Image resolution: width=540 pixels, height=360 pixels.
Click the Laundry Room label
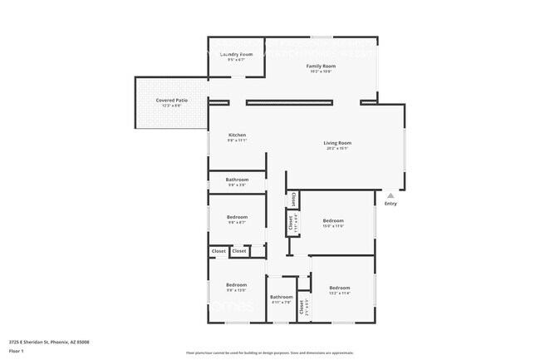pyautogui.click(x=236, y=54)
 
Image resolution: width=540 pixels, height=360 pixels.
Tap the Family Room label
pyautogui.click(x=321, y=66)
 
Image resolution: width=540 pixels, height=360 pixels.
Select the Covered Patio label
pyautogui.click(x=171, y=100)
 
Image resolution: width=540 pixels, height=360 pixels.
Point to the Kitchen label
pyautogui.click(x=237, y=135)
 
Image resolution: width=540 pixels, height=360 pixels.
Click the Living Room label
pyautogui.click(x=337, y=143)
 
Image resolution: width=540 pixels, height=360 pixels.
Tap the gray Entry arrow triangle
pyautogui.click(x=390, y=195)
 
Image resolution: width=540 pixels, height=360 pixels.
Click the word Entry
pyautogui.click(x=390, y=204)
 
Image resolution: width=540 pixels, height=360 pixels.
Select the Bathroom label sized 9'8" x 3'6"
pyautogui.click(x=237, y=180)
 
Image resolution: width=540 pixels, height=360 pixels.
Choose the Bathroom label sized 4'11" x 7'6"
pyautogui.click(x=281, y=297)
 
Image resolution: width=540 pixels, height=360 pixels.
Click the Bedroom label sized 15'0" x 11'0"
pyautogui.click(x=333, y=220)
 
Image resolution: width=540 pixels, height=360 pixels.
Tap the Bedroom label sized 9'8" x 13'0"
pyautogui.click(x=237, y=285)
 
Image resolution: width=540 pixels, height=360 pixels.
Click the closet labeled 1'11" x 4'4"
pyautogui.click(x=292, y=222)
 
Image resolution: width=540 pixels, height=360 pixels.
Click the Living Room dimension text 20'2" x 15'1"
pyautogui.click(x=337, y=149)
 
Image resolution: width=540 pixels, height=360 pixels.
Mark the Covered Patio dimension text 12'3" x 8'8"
pyautogui.click(x=171, y=106)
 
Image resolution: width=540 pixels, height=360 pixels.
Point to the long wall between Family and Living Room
pyautogui.click(x=289, y=102)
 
